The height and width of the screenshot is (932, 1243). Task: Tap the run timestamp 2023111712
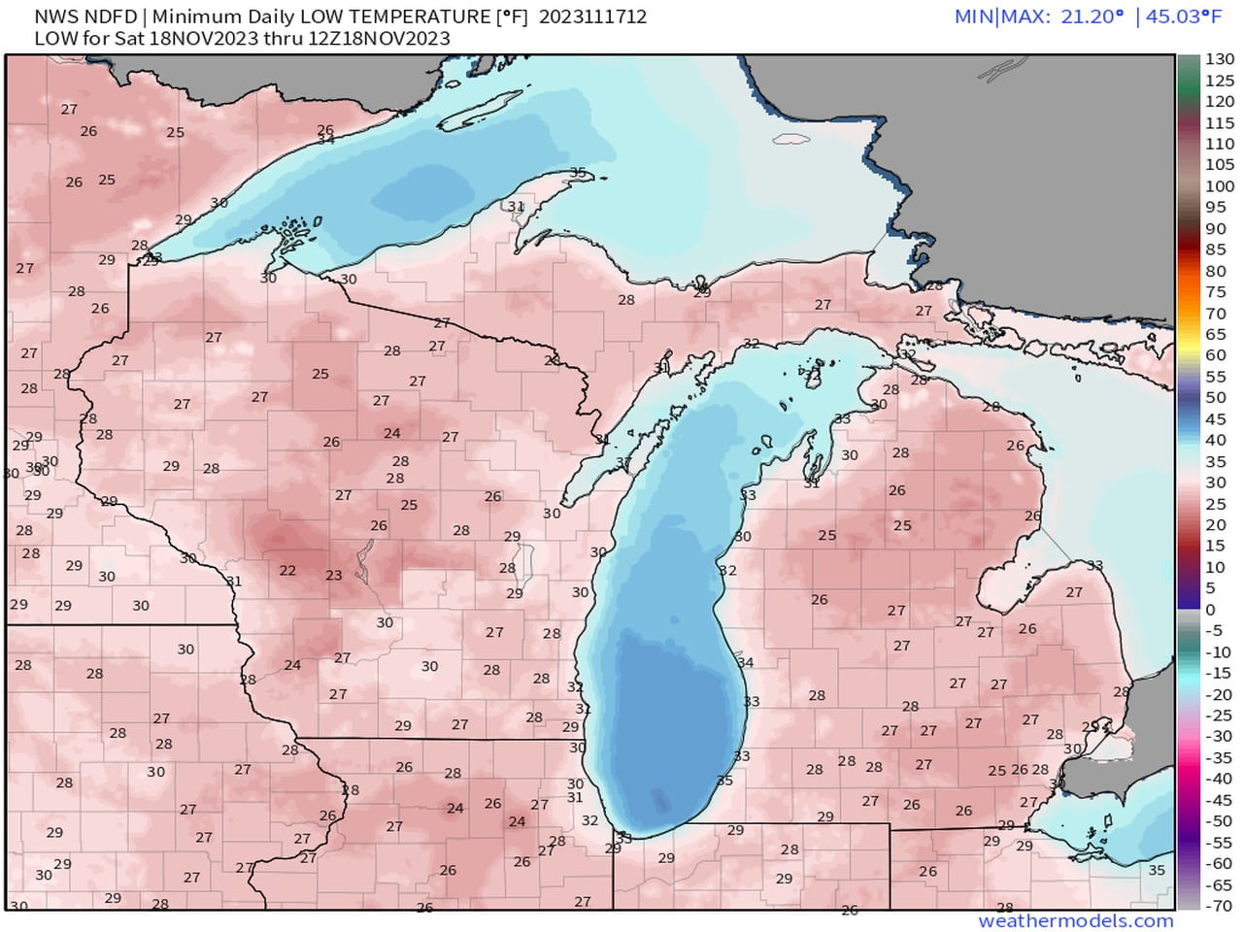592,17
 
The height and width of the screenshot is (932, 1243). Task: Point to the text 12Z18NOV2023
392,38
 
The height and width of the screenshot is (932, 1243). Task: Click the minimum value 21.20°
1092,17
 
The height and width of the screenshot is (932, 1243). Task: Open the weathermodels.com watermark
1075,920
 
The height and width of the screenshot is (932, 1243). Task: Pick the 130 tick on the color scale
1220,59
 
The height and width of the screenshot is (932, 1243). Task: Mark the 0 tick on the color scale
1210,610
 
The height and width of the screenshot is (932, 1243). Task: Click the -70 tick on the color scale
1220,906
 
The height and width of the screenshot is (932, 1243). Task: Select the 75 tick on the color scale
1216,292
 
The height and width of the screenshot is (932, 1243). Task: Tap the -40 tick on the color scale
1220,779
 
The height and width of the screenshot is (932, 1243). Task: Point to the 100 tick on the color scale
1220,186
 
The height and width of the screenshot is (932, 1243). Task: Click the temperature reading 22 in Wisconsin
287,571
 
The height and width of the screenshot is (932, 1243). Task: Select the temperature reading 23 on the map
333,576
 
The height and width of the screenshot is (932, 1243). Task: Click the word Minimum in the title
189,17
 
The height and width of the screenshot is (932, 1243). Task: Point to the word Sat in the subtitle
133,38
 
